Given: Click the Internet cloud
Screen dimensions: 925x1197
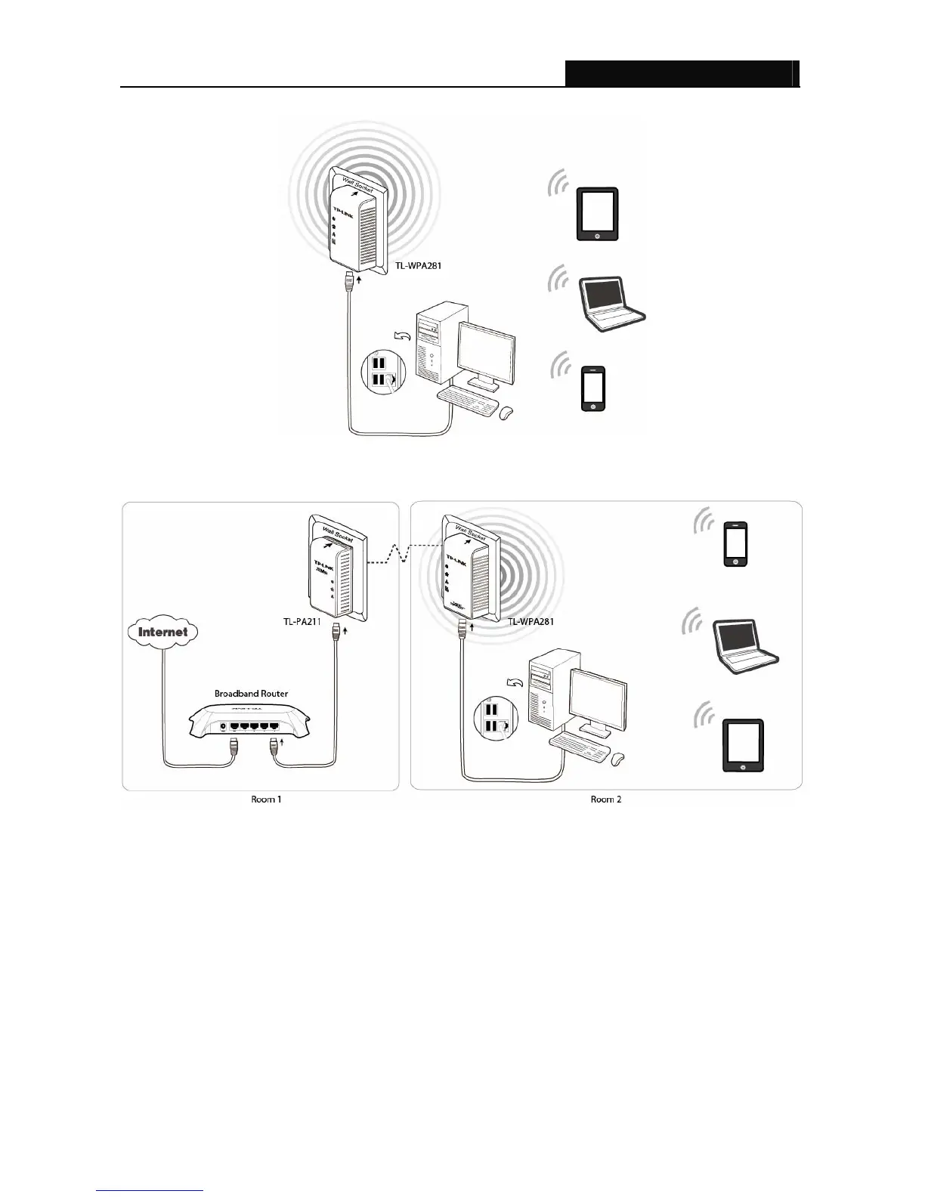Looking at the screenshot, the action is pos(162,632).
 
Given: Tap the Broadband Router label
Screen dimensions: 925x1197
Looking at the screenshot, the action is pos(251,693).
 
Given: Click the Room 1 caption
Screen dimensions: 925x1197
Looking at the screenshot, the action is pos(266,799).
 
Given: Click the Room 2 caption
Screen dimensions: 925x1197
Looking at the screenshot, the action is pos(605,799).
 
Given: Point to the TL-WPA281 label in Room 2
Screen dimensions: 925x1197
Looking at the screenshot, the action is pos(531,622).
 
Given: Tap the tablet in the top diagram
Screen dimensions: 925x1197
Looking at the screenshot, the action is pos(597,214).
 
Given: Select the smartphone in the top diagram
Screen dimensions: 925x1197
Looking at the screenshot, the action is pos(594,388).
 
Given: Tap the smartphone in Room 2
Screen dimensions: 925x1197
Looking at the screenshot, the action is pos(736,543).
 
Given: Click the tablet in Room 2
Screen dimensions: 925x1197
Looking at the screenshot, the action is pos(742,745).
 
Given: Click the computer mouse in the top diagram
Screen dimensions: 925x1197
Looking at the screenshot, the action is pos(506,412).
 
